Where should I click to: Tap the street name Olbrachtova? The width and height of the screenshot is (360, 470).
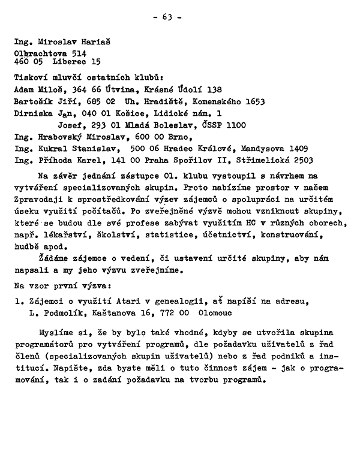[x=40, y=53]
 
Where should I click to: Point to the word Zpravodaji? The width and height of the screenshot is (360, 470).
[x=37, y=200]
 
